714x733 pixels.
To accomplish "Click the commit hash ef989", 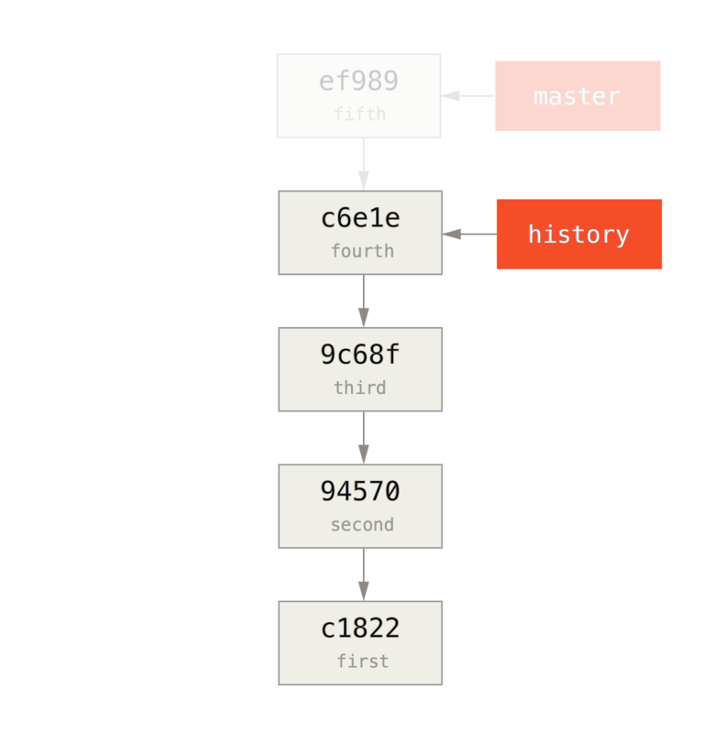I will [x=358, y=82].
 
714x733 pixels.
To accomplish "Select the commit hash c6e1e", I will [x=360, y=218].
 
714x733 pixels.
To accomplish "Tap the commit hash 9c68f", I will [x=360, y=355].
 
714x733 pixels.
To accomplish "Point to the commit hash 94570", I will [x=360, y=492].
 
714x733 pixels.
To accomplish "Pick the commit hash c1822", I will [x=360, y=629].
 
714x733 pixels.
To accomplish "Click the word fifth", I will [x=359, y=115].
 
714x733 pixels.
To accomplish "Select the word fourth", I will [x=362, y=251].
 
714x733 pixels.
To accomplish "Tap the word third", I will [x=359, y=388].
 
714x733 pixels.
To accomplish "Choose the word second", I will [x=362, y=525].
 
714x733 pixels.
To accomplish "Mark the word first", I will [x=362, y=662].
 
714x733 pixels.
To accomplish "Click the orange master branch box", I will [x=577, y=96].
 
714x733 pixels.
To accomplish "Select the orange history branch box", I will [x=578, y=235].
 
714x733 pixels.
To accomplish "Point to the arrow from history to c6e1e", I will [x=469, y=235].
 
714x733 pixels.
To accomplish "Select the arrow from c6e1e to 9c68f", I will [x=363, y=300].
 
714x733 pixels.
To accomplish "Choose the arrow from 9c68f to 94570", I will [x=363, y=437].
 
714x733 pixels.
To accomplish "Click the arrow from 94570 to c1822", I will [x=363, y=574].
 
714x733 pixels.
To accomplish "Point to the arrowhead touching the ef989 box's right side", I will [x=450, y=95].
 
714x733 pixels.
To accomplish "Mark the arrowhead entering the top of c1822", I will [x=363, y=591].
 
